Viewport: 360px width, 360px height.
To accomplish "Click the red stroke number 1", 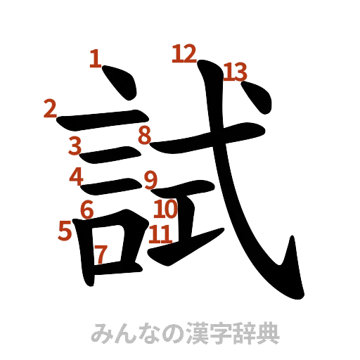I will coord(96,59).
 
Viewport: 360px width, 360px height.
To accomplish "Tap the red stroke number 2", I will coord(49,108).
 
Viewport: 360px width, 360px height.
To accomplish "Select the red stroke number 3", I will coord(76,146).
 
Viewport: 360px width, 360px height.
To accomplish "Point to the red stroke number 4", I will coord(77,176).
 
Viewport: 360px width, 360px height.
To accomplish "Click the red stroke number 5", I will coord(65,229).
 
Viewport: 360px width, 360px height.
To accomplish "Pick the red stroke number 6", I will coord(87,208).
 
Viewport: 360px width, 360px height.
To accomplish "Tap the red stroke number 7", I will coord(102,253).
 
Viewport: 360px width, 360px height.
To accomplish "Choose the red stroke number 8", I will coord(144,135).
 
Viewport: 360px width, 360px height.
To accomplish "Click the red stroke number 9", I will coord(150,181).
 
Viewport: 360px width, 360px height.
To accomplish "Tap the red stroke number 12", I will coord(184,53).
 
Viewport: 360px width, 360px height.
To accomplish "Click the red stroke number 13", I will coord(236,72).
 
